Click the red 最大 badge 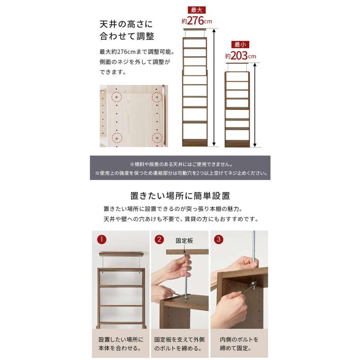196,10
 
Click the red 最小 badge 240,44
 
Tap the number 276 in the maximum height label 195,21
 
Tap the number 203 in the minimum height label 239,56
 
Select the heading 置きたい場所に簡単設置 180,196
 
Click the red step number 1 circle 102,240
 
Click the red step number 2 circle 159,240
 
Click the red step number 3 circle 218,240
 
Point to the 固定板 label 184,241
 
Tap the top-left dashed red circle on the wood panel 117,97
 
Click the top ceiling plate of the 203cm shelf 237,63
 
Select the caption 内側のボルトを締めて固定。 239,344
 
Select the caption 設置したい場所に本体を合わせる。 121,344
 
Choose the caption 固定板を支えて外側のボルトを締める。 179,344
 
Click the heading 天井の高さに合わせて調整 126,30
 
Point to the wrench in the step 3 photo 248,288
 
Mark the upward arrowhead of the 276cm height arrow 214,30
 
